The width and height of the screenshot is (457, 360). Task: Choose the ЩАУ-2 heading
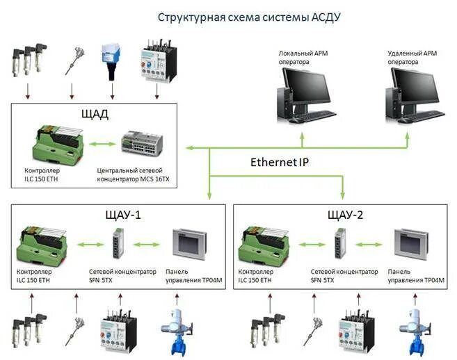[342, 213]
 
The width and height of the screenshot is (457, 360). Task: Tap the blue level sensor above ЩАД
[111, 56]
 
